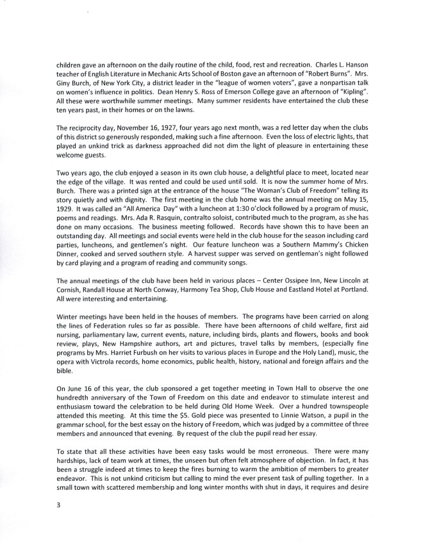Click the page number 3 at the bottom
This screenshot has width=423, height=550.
[59, 505]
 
